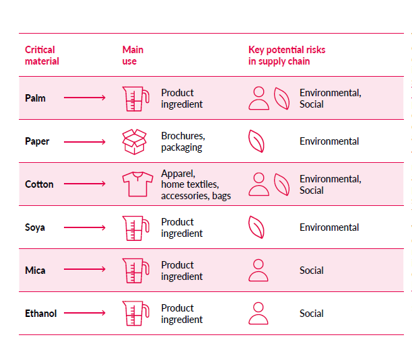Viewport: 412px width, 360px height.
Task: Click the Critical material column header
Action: [42, 55]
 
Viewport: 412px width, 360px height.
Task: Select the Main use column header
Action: [133, 55]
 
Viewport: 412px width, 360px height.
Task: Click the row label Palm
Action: [35, 98]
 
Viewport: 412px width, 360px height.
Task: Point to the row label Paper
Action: [37, 141]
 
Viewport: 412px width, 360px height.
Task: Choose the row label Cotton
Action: [39, 184]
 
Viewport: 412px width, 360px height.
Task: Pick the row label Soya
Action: [35, 227]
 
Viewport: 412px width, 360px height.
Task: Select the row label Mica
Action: [35, 271]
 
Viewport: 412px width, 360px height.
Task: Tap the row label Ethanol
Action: [40, 314]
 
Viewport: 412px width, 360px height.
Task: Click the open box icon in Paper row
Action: [133, 141]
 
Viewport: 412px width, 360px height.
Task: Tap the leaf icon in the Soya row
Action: [256, 227]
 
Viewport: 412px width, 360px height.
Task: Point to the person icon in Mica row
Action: [259, 271]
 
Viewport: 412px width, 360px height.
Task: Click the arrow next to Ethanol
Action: [85, 314]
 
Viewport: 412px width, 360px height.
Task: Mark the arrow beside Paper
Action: [85, 141]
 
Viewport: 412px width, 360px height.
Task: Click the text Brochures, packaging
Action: [182, 141]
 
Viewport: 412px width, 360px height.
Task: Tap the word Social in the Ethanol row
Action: [311, 314]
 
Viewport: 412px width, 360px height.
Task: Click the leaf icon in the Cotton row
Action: [281, 184]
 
